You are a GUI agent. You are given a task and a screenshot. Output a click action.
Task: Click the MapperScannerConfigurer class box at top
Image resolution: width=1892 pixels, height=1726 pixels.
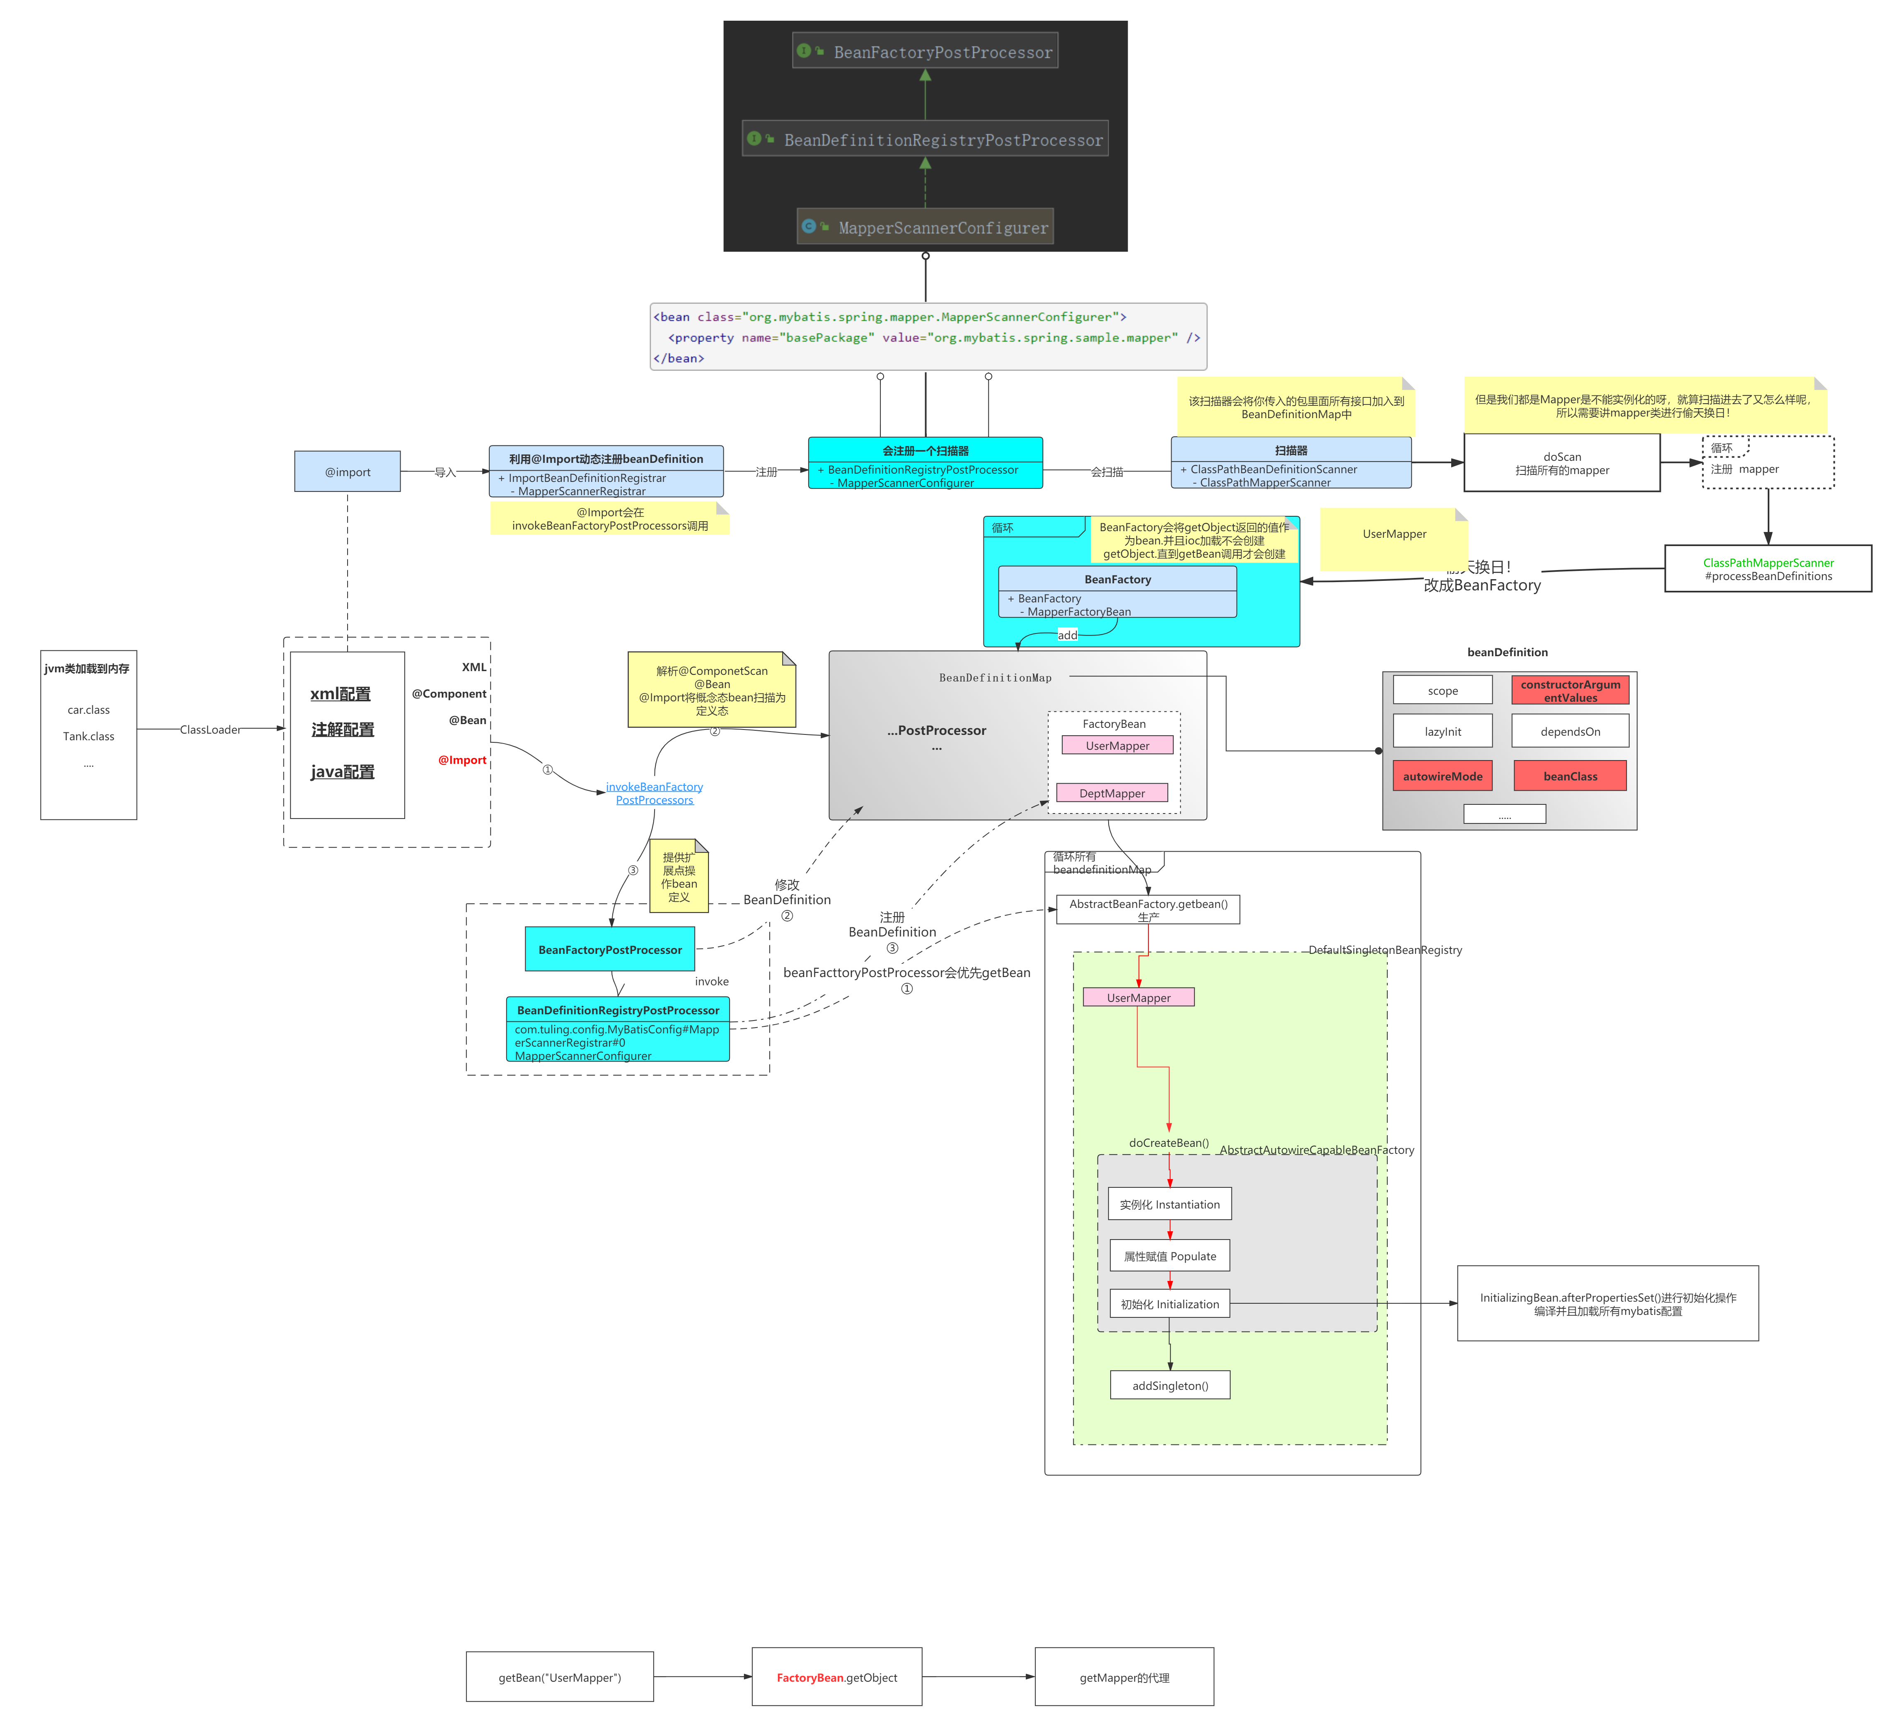(925, 227)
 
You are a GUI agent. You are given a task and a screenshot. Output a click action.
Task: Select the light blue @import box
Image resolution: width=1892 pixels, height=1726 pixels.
(347, 472)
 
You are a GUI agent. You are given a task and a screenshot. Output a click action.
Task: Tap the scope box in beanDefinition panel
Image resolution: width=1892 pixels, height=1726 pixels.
(1443, 691)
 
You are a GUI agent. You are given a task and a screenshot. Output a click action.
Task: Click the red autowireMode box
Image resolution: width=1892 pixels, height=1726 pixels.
(1443, 776)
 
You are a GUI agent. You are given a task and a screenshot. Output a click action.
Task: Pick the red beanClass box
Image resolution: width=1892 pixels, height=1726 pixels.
(1570, 776)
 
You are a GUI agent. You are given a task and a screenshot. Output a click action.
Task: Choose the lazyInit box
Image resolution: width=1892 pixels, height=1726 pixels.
(1443, 732)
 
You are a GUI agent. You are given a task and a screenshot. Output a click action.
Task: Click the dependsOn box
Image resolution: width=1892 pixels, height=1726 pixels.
(1570, 732)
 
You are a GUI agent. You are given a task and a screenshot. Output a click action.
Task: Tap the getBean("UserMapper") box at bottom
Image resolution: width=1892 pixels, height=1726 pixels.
(559, 1677)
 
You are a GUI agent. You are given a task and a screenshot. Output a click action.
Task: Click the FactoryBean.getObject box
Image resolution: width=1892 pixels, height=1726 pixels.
(836, 1677)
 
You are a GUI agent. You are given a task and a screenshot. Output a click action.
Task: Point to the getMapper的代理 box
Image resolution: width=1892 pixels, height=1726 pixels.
(1124, 1677)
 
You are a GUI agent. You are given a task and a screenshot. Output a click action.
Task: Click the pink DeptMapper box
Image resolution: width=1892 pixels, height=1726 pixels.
(1112, 793)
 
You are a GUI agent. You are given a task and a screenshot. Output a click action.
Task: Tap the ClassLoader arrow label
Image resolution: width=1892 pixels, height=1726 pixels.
(210, 729)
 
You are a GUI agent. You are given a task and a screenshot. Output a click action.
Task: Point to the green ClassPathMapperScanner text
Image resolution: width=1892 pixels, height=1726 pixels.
(1768, 563)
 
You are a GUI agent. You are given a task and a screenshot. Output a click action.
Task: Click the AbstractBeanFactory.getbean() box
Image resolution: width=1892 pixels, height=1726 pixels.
(1148, 909)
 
